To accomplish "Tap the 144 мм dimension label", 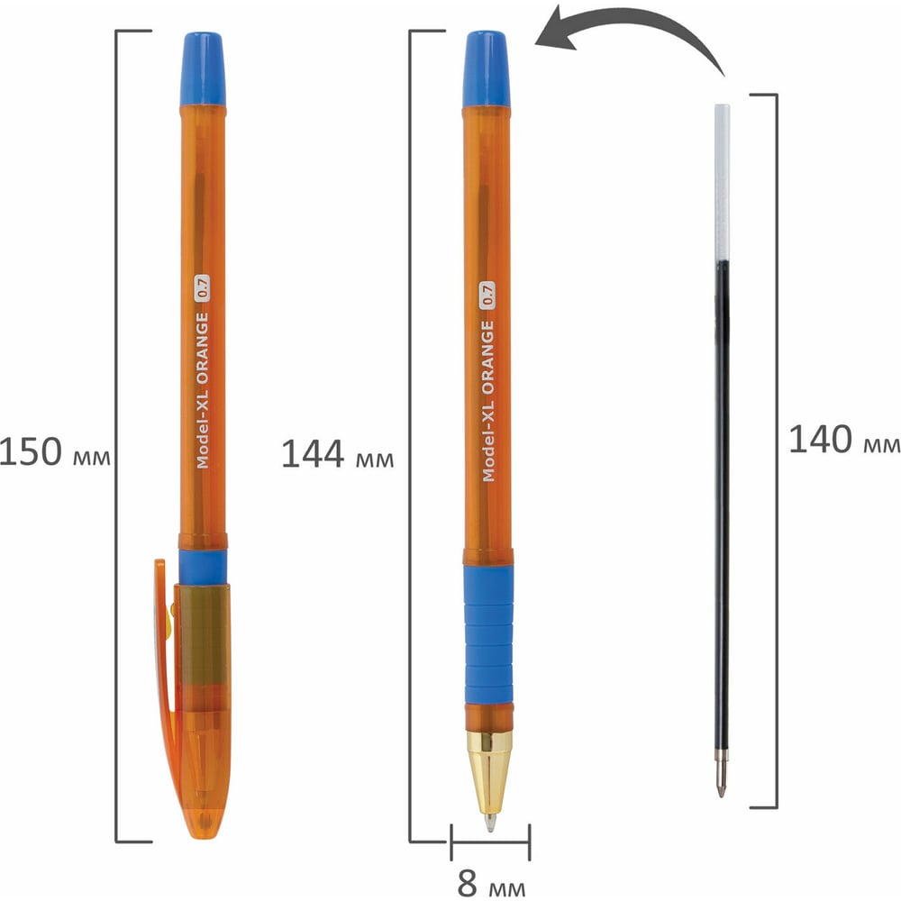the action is pos(337,454).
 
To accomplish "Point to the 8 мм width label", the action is pos(491,883).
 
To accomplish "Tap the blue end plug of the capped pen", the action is pos(202,69).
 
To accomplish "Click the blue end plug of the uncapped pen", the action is pos(487,69).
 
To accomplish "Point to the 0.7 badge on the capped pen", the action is pos(201,288).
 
